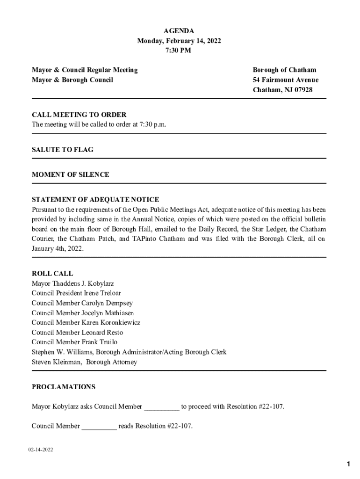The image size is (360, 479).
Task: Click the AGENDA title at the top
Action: click(179, 31)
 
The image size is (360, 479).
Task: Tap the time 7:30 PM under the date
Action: click(179, 51)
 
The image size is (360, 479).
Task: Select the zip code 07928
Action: click(302, 90)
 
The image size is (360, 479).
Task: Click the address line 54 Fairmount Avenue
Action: click(285, 80)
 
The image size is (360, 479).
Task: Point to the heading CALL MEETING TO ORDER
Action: click(79, 115)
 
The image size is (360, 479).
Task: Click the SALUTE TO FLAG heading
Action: click(63, 150)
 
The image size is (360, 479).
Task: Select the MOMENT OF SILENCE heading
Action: click(71, 174)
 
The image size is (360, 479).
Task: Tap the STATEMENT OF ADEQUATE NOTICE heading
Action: click(95, 200)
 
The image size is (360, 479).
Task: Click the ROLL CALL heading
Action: click(52, 274)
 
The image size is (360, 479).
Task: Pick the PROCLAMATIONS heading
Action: click(64, 387)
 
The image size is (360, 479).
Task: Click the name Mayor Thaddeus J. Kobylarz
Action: click(73, 283)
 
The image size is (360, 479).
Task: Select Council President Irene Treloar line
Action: click(76, 293)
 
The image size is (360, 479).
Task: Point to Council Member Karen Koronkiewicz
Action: click(86, 323)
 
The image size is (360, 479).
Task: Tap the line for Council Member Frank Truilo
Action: click(75, 342)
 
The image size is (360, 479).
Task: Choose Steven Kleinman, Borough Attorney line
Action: click(84, 362)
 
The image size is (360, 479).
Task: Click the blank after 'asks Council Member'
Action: click(161, 407)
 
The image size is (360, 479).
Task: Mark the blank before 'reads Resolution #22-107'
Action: click(99, 427)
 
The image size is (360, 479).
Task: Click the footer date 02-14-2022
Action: click(40, 450)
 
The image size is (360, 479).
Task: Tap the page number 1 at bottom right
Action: click(348, 464)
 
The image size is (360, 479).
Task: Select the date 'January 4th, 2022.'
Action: click(58, 249)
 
